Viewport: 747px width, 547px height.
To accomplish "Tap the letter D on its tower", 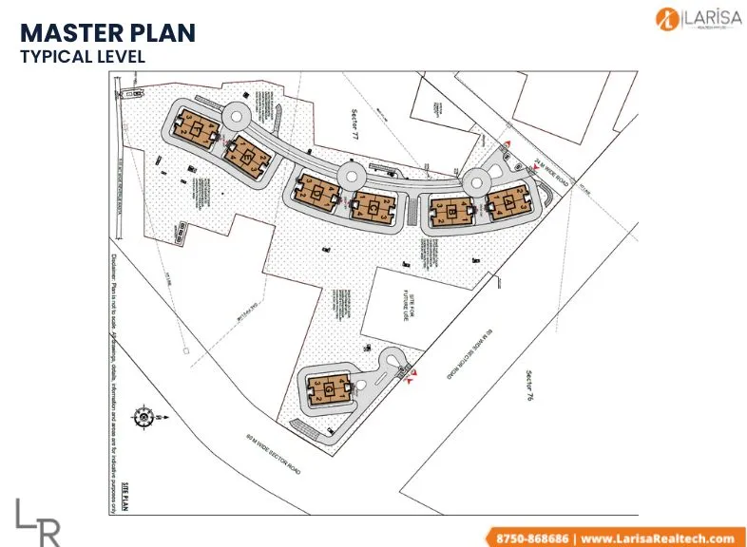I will [x=315, y=191].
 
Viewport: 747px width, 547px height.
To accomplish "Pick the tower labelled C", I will [x=372, y=204].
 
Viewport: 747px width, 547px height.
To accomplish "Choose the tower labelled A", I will [x=506, y=202].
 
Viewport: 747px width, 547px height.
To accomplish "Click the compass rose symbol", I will [x=145, y=415].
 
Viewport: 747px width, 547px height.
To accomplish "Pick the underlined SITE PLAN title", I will [x=124, y=495].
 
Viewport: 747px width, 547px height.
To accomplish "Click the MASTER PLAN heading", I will [x=107, y=33].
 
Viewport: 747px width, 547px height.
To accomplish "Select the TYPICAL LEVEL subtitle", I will [x=83, y=56].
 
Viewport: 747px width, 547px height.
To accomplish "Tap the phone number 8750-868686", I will [x=529, y=538].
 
